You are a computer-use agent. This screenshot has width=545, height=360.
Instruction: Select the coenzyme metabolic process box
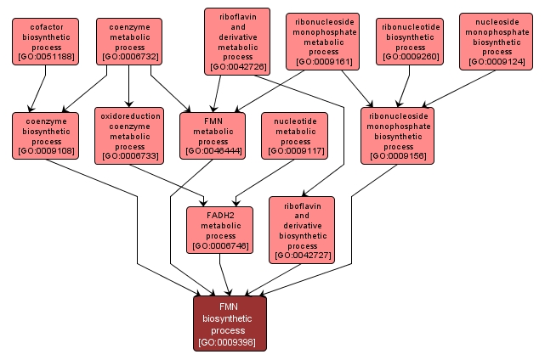[x=129, y=42]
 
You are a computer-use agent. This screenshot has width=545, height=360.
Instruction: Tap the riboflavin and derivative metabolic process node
[x=237, y=41]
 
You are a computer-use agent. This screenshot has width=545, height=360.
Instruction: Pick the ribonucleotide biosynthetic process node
[x=411, y=42]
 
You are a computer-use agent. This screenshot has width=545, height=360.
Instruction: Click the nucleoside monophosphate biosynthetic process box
[x=497, y=41]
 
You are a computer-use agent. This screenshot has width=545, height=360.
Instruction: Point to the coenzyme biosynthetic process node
[x=45, y=135]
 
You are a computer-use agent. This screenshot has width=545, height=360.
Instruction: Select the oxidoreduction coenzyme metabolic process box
[x=128, y=135]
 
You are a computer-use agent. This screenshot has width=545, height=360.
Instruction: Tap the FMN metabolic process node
[x=212, y=135]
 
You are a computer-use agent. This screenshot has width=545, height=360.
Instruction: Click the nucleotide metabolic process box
[x=294, y=135]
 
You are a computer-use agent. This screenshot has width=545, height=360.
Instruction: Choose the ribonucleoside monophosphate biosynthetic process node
[x=397, y=135]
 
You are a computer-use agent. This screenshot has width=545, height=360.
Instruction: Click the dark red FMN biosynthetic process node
[x=230, y=323]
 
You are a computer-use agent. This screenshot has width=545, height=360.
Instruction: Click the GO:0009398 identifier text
[x=230, y=343]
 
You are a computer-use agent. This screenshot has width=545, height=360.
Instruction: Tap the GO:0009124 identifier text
[x=497, y=63]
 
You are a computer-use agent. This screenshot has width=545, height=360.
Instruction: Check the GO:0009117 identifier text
[x=294, y=151]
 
